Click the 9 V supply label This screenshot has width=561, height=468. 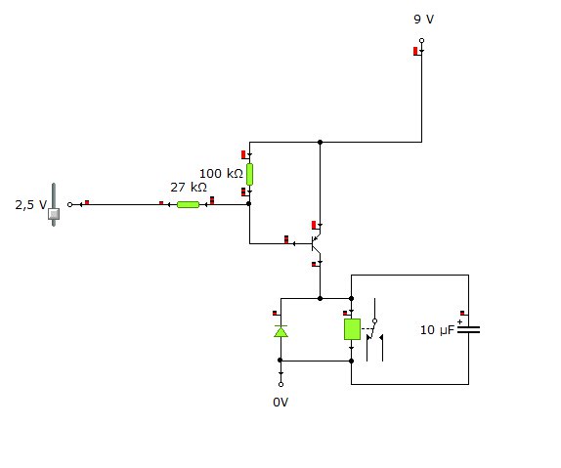tap(423, 19)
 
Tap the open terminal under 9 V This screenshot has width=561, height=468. tap(422, 40)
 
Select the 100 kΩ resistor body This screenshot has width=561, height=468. tap(249, 174)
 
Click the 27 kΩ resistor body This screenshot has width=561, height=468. tap(188, 204)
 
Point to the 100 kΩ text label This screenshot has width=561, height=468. tap(221, 174)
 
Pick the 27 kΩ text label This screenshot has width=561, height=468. tap(189, 188)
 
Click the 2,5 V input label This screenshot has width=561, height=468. tap(30, 204)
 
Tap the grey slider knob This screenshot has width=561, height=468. tap(54, 214)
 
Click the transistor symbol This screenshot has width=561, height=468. tap(317, 243)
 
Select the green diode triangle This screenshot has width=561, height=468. tap(280, 331)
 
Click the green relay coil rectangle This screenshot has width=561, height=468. tap(352, 329)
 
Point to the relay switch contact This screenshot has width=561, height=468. tap(374, 330)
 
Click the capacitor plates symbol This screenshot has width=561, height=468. tap(469, 329)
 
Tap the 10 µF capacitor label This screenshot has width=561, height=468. tap(437, 330)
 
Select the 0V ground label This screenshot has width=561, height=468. tap(280, 403)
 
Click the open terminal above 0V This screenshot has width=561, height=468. tap(280, 384)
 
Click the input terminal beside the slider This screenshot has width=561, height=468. tap(70, 204)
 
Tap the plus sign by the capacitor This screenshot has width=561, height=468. tap(459, 321)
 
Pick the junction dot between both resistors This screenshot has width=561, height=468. tap(249, 203)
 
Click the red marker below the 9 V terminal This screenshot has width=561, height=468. tap(415, 51)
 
